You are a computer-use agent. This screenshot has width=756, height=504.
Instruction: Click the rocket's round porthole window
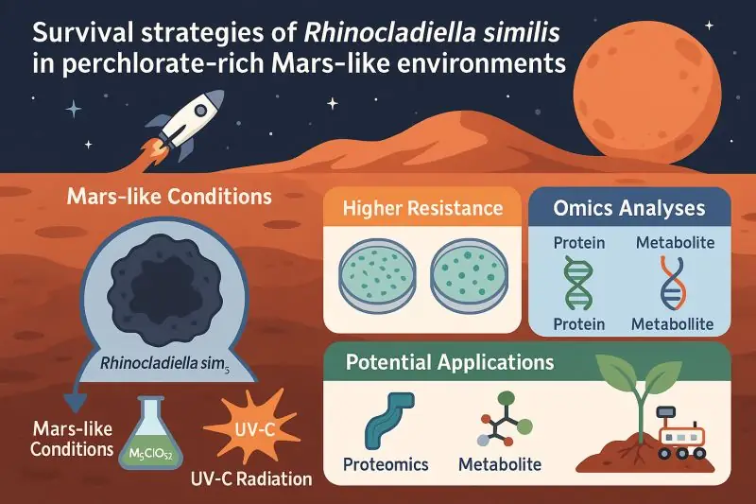click(200, 111)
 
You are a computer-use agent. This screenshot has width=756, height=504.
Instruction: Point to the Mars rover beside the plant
click(681, 433)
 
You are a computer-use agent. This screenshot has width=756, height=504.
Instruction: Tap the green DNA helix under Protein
click(578, 283)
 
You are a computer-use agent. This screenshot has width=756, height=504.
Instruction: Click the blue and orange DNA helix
click(674, 283)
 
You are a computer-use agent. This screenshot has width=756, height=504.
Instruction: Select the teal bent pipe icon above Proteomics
click(387, 421)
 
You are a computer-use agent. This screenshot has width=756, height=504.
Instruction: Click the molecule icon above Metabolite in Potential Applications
click(505, 419)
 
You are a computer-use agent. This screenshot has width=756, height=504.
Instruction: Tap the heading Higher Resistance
click(422, 208)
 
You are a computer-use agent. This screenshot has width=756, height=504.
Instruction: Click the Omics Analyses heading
click(629, 208)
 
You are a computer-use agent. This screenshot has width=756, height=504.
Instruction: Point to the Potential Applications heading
click(450, 362)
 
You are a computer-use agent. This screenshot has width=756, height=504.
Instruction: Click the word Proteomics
click(386, 464)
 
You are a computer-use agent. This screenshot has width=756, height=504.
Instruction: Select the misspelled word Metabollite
click(673, 324)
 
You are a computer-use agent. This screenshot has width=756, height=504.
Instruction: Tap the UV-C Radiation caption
click(251, 478)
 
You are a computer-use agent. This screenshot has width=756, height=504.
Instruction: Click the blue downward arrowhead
click(76, 403)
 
